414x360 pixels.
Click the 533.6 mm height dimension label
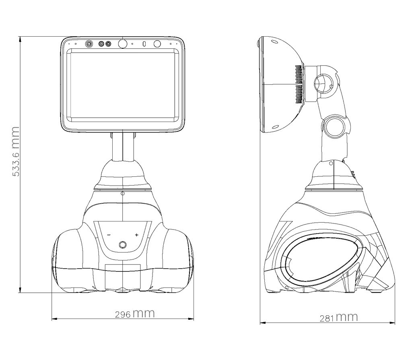[16, 151]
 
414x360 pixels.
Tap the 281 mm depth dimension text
[339, 317]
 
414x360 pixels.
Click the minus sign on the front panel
[109, 235]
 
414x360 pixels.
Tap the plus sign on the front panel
[136, 235]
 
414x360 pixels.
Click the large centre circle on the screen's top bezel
[122, 43]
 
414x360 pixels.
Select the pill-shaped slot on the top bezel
[144, 44]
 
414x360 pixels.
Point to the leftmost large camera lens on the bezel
[89, 44]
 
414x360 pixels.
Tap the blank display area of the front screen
[123, 85]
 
